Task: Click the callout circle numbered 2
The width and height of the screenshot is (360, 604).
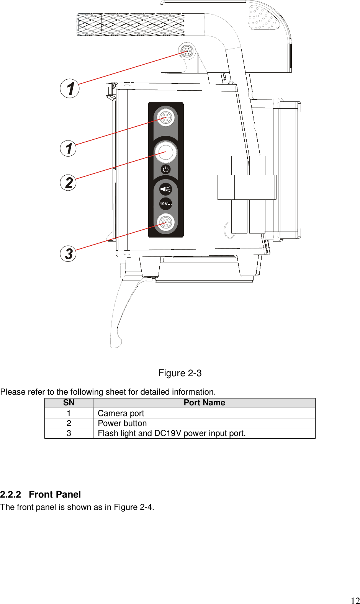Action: (x=69, y=182)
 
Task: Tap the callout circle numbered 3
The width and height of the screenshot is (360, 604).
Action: (x=69, y=253)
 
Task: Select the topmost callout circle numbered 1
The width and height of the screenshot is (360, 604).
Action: (x=70, y=88)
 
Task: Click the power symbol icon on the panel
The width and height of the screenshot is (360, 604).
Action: (x=165, y=169)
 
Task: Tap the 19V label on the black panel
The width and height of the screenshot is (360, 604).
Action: (x=165, y=204)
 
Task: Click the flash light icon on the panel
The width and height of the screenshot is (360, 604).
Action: (x=165, y=189)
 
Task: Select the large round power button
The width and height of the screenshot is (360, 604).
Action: (x=165, y=152)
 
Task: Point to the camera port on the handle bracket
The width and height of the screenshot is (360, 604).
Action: (x=187, y=51)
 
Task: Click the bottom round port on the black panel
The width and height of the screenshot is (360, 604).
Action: (x=165, y=222)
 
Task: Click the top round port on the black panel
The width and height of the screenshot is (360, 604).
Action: (x=165, y=117)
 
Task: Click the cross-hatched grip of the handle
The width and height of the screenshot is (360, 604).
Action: (x=130, y=24)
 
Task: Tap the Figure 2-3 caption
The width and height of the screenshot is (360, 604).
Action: (x=180, y=373)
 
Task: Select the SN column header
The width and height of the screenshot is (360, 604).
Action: (x=69, y=403)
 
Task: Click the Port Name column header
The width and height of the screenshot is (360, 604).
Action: (x=204, y=403)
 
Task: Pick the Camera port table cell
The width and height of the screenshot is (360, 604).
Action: (x=121, y=413)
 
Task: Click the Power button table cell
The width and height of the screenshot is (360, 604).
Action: (x=122, y=423)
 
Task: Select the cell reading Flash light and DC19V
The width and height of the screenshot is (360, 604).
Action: (x=172, y=433)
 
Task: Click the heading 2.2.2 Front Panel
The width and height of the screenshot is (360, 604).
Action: (x=41, y=495)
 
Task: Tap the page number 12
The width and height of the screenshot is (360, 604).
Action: (x=355, y=601)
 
